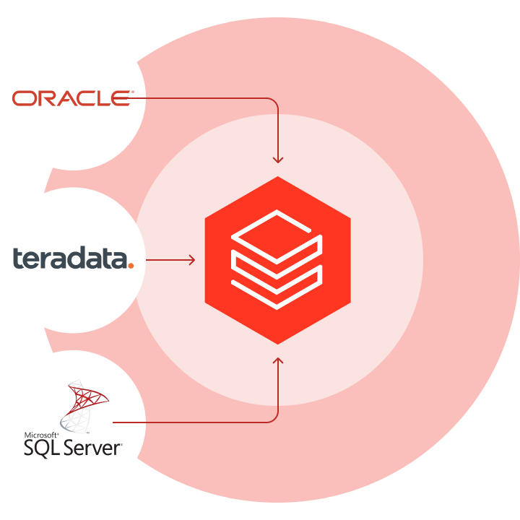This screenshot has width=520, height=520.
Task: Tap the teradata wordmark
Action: point(69,259)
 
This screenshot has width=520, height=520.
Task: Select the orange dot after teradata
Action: point(130,265)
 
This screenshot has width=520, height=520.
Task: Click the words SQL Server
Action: point(72,447)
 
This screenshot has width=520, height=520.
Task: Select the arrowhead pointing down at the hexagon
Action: point(278,160)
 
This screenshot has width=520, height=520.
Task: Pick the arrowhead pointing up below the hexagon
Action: point(278,359)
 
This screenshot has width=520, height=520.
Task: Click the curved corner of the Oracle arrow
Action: point(274,100)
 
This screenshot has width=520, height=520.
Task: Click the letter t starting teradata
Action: point(18,259)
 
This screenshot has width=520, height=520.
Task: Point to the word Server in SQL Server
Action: point(92,447)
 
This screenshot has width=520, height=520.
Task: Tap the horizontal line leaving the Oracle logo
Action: point(202,97)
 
